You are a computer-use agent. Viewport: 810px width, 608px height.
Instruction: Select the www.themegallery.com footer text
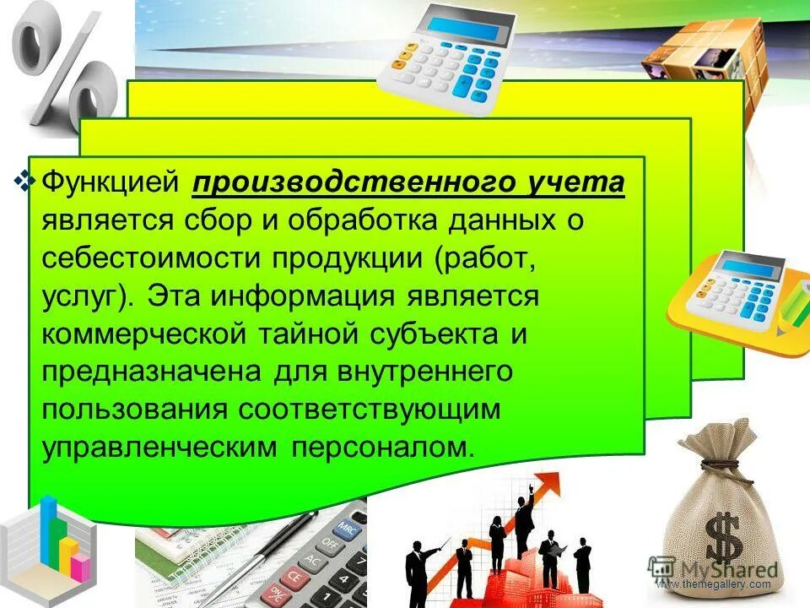pos(714,584)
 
